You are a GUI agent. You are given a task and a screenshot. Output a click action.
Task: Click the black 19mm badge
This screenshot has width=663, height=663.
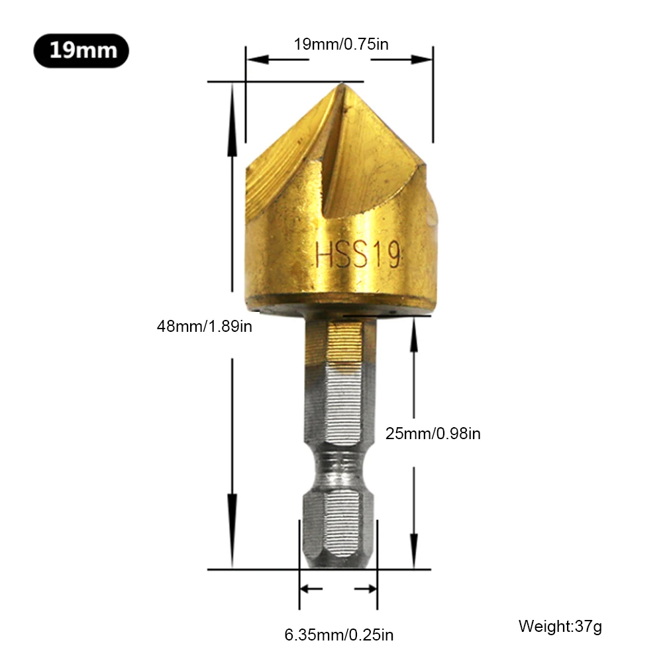coord(81,51)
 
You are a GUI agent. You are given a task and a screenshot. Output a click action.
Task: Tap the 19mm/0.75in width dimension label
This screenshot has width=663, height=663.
coord(340,44)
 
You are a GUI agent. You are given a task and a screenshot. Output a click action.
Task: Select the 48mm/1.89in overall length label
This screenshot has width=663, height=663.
coord(204,326)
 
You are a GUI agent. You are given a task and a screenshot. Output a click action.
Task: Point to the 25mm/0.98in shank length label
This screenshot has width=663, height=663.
coord(433,434)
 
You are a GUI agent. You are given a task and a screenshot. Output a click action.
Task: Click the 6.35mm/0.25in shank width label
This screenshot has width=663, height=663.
coord(338,635)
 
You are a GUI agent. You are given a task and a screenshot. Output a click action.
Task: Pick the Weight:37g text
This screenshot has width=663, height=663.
coord(560,626)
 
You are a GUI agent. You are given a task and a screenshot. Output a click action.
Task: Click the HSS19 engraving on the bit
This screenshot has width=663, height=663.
coord(358,255)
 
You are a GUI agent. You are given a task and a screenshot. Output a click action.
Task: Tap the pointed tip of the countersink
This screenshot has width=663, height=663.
coord(340,85)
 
